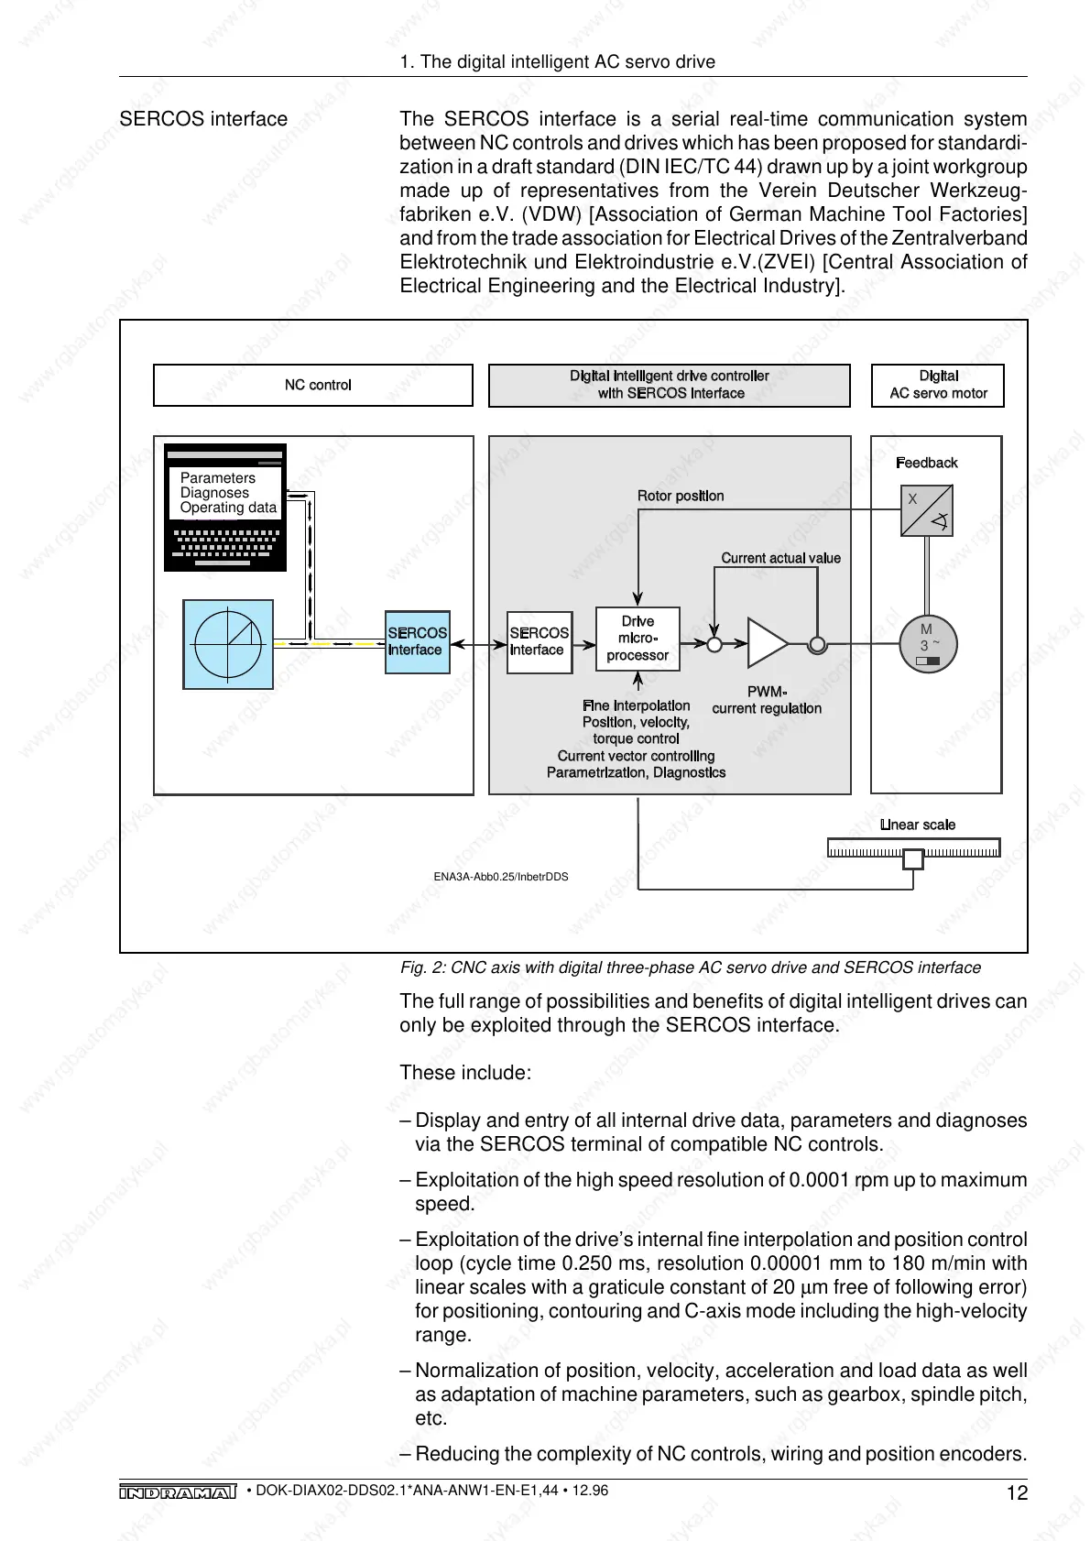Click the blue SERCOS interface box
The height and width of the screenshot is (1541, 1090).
(x=418, y=642)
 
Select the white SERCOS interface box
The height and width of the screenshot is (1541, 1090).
(x=539, y=642)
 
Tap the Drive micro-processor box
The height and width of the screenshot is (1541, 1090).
(x=638, y=639)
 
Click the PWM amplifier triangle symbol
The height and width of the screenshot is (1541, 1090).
(x=766, y=643)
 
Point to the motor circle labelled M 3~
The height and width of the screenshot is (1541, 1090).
(x=927, y=643)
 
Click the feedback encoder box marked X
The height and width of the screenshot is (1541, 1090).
(x=926, y=511)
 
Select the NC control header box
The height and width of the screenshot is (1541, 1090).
(x=313, y=385)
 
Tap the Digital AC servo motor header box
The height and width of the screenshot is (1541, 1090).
(x=938, y=385)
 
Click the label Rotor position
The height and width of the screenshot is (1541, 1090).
(x=681, y=496)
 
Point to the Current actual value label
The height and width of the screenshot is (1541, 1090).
(x=780, y=558)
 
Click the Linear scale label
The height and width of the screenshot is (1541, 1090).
(x=917, y=825)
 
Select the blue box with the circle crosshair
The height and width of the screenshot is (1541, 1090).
(x=228, y=644)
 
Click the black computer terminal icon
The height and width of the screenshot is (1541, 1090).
(x=225, y=508)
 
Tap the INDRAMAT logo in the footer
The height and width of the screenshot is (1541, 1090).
(x=178, y=1492)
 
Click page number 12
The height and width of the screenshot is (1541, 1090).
(x=1017, y=1493)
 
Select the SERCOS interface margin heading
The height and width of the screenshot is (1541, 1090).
(x=203, y=119)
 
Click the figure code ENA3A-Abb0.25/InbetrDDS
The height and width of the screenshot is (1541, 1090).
(x=501, y=877)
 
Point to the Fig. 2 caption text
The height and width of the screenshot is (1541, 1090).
(x=690, y=967)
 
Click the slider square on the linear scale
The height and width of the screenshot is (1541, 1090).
(x=913, y=859)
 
